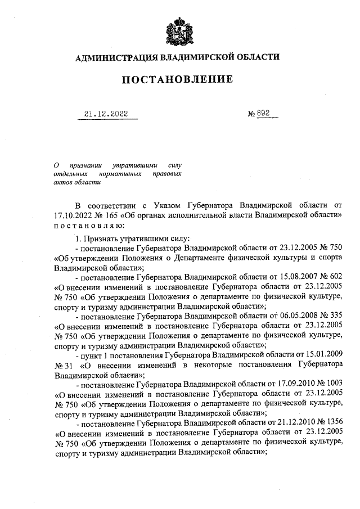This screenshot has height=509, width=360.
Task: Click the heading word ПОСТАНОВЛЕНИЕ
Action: point(178,80)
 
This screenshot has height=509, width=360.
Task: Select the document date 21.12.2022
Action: point(106,114)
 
